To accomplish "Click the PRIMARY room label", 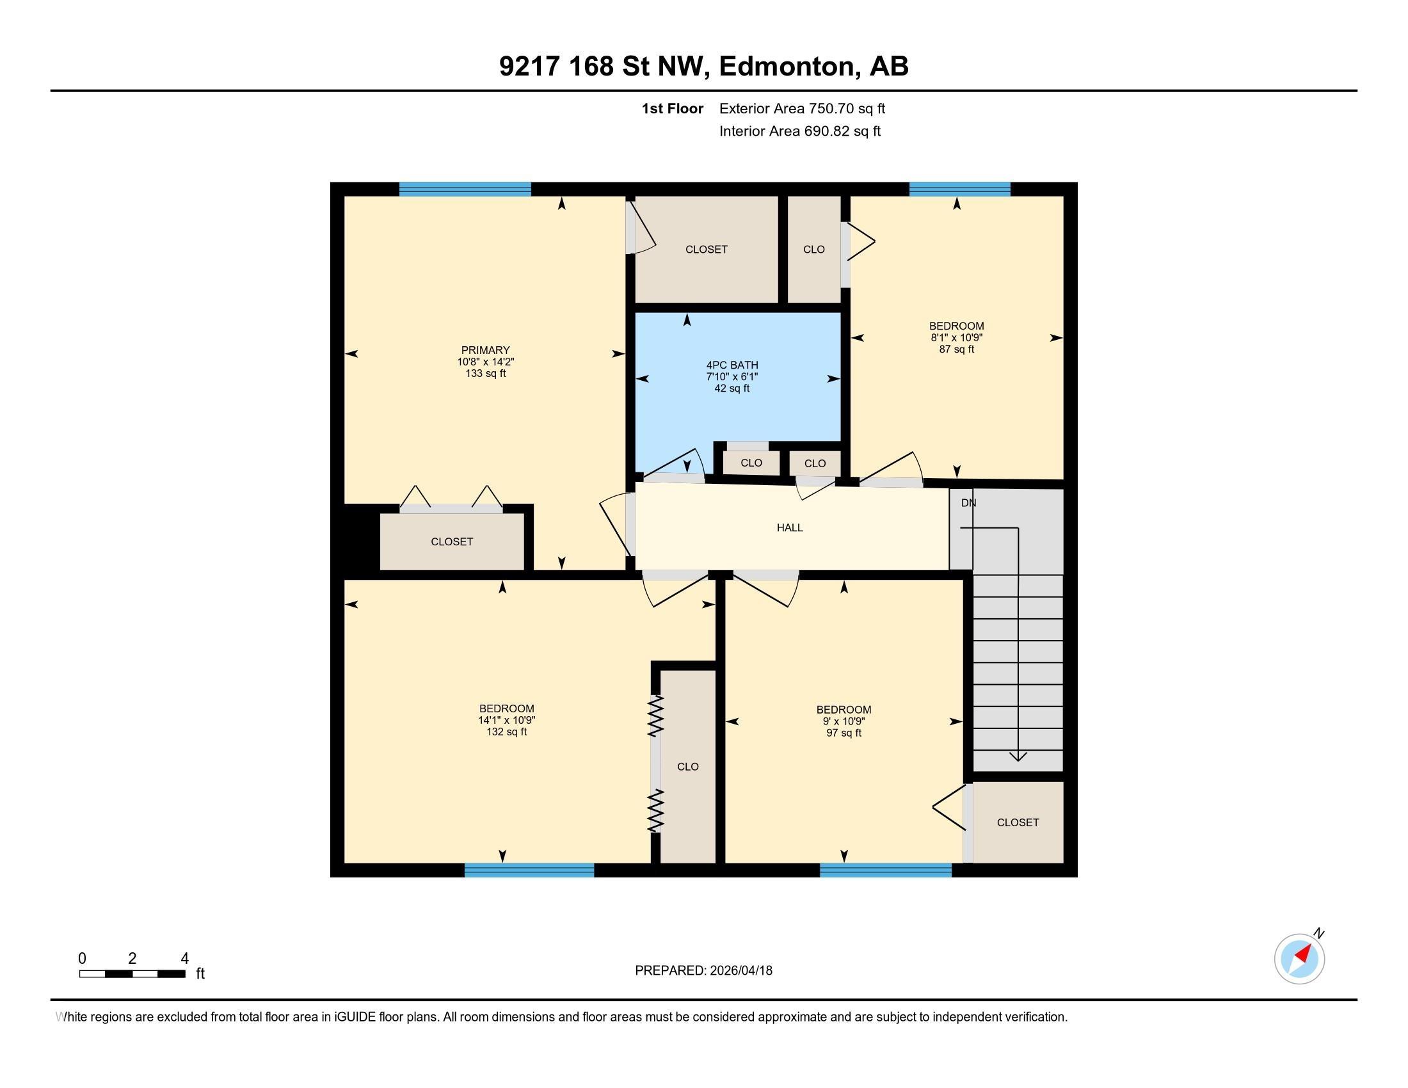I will pyautogui.click(x=485, y=350).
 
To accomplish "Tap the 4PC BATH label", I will pyautogui.click(x=732, y=365).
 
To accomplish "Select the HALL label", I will pyautogui.click(x=789, y=528).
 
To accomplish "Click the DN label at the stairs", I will pyautogui.click(x=968, y=504).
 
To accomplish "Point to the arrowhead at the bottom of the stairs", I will pyautogui.click(x=1018, y=756).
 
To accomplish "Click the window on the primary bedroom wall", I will pyautogui.click(x=465, y=189).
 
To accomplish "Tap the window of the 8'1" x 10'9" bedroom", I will pyautogui.click(x=959, y=189).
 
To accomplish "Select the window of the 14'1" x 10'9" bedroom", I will pyautogui.click(x=529, y=870).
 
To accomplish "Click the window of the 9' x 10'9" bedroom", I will pyautogui.click(x=885, y=870).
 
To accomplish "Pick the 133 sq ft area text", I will pyautogui.click(x=485, y=373).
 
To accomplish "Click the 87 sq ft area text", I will pyautogui.click(x=956, y=349).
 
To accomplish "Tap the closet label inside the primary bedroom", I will pyautogui.click(x=451, y=542).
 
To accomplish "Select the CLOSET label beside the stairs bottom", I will pyautogui.click(x=1018, y=822).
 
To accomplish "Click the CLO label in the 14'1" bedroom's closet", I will pyautogui.click(x=687, y=766).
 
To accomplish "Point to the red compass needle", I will pyautogui.click(x=1304, y=954).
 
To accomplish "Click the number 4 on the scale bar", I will pyautogui.click(x=184, y=959).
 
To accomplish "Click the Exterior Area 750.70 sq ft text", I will pyautogui.click(x=801, y=109).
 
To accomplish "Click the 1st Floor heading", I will pyautogui.click(x=672, y=109).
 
